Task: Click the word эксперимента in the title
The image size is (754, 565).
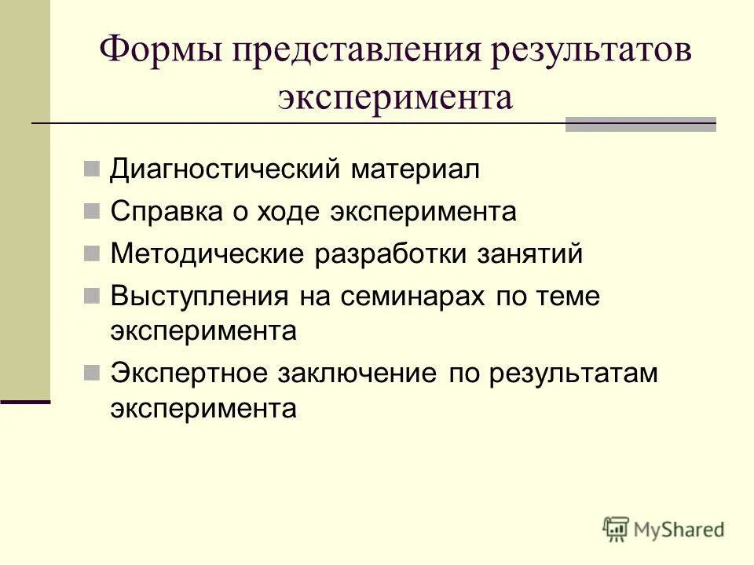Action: click(396, 98)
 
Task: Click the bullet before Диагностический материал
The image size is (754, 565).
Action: click(92, 168)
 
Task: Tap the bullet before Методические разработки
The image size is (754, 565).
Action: click(92, 253)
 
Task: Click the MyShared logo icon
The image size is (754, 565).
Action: click(617, 529)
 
